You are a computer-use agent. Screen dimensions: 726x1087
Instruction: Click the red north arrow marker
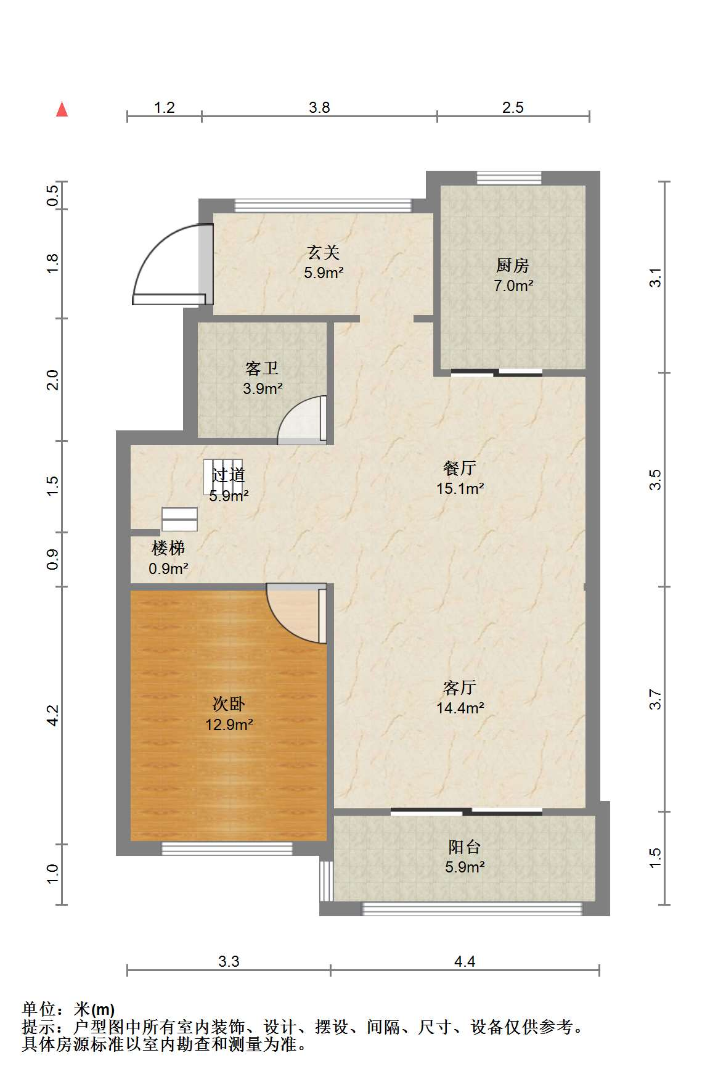62,109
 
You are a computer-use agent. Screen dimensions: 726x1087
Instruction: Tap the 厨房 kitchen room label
513,266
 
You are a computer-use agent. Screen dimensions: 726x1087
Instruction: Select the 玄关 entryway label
324,252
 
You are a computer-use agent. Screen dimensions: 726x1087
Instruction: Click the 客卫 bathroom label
262,369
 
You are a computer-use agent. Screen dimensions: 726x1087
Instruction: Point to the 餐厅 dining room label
460,469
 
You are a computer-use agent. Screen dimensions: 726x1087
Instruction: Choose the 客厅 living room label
460,687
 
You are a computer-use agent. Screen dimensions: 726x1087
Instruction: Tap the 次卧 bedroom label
229,704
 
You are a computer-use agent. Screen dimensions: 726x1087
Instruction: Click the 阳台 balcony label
464,847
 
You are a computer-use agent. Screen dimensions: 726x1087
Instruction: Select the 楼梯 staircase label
168,548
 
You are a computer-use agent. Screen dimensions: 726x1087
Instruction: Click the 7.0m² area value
513,285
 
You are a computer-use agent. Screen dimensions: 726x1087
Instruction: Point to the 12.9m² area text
229,724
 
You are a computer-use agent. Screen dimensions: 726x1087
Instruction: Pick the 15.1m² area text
460,488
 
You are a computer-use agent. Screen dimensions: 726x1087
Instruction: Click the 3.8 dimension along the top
319,108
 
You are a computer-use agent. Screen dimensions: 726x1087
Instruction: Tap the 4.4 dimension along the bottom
465,961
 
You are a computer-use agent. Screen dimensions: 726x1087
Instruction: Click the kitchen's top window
509,178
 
